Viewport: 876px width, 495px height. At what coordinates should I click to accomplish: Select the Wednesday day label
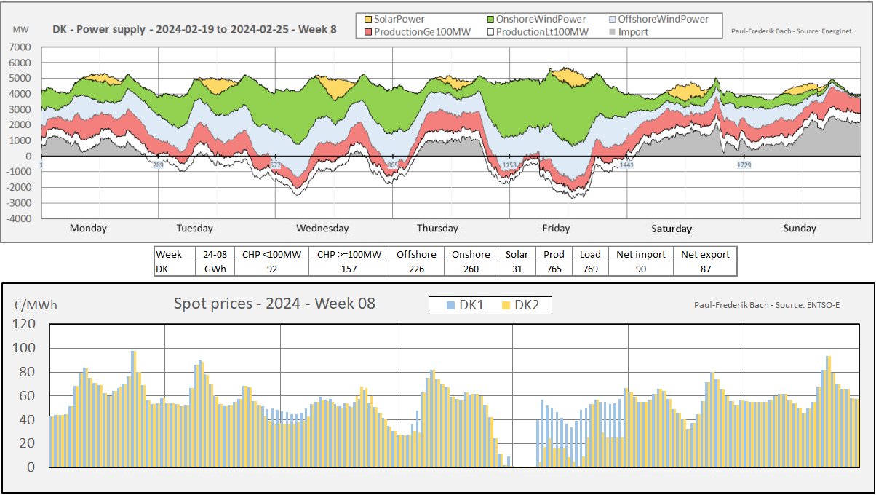point(322,229)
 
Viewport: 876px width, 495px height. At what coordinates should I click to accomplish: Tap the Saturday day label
point(672,229)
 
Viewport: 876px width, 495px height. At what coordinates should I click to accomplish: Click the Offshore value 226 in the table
point(416,269)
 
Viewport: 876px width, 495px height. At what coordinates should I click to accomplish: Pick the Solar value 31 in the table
point(512,269)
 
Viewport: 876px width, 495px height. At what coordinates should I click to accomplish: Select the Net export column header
point(704,254)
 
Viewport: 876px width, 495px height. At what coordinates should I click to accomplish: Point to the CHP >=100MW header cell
point(349,254)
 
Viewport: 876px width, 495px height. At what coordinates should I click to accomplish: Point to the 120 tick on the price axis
point(24,325)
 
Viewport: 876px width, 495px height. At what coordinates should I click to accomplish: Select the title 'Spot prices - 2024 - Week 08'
point(274,304)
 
